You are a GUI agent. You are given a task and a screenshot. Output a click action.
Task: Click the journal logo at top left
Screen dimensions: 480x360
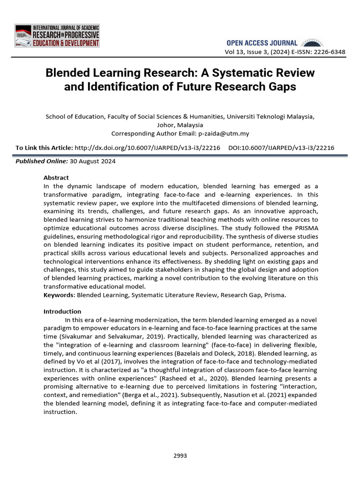coord(57,35)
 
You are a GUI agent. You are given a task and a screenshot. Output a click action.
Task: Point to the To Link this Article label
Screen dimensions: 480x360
coord(44,148)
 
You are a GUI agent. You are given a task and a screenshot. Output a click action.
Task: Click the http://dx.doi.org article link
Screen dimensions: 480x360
coord(147,148)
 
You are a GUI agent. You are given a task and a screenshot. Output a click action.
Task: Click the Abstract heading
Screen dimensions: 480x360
coord(56,178)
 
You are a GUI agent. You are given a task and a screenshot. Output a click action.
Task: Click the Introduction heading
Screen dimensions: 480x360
coord(62,311)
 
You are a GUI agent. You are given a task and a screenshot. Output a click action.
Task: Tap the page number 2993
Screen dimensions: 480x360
coord(180,455)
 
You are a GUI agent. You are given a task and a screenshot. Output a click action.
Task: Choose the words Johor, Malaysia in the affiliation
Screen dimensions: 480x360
coord(180,125)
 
